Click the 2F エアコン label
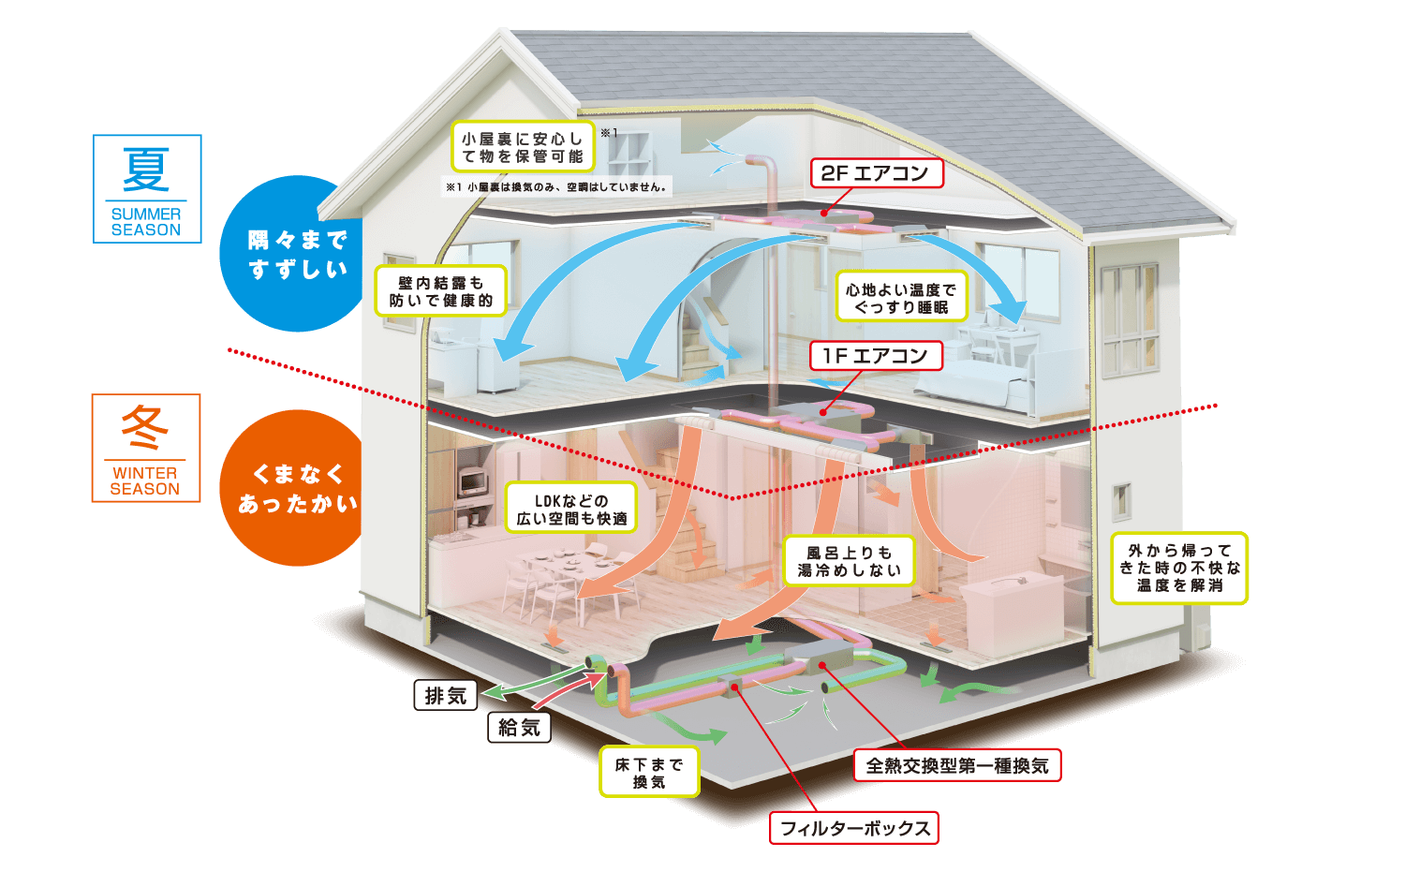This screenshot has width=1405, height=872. pos(877,173)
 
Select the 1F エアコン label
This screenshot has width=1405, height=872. pos(876,356)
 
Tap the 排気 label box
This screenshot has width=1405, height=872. pos(446,696)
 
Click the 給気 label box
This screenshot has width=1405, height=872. pos(519,728)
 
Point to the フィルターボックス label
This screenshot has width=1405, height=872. pos(854,828)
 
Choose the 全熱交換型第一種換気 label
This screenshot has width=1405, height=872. pos(957,765)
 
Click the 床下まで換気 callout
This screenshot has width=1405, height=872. pos(649,773)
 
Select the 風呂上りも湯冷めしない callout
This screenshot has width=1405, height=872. pos(850,561)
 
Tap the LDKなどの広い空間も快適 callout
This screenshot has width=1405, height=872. pos(571,509)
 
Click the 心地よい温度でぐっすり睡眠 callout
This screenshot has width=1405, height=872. pos(901,297)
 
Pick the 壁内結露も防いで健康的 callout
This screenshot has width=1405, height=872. pos(441,291)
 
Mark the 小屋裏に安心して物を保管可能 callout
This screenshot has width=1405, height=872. pos(523,147)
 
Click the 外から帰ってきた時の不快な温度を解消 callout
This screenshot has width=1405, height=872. pos(1180,569)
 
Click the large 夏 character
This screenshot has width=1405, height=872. pos(146,170)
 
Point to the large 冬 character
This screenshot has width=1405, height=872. pos(145,428)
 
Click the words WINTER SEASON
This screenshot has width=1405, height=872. pos(145,481)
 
